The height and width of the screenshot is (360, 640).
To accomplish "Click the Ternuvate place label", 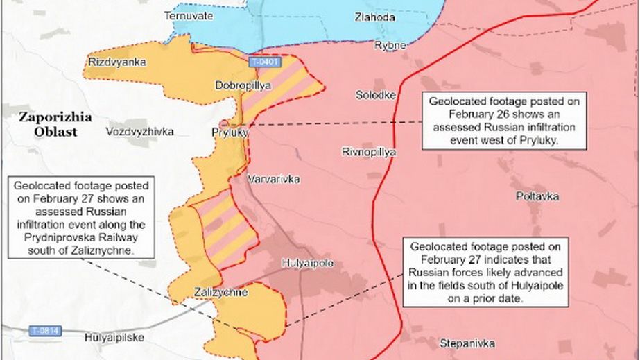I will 188,15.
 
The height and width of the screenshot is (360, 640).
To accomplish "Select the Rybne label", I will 390,45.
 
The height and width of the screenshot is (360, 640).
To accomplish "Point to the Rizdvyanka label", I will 117,62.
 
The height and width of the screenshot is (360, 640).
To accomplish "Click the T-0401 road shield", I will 264,62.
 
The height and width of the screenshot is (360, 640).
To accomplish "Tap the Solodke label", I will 376,95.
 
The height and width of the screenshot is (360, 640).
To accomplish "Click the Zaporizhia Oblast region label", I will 55,125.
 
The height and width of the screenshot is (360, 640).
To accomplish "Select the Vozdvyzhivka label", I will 140,131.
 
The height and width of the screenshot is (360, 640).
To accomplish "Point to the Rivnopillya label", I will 369,151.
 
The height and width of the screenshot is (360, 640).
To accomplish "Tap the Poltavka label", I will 537,196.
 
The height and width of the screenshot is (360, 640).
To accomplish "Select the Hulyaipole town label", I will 309,263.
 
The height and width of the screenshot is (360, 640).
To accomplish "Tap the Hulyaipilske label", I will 114,338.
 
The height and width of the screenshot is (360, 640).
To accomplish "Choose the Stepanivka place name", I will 467,343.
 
